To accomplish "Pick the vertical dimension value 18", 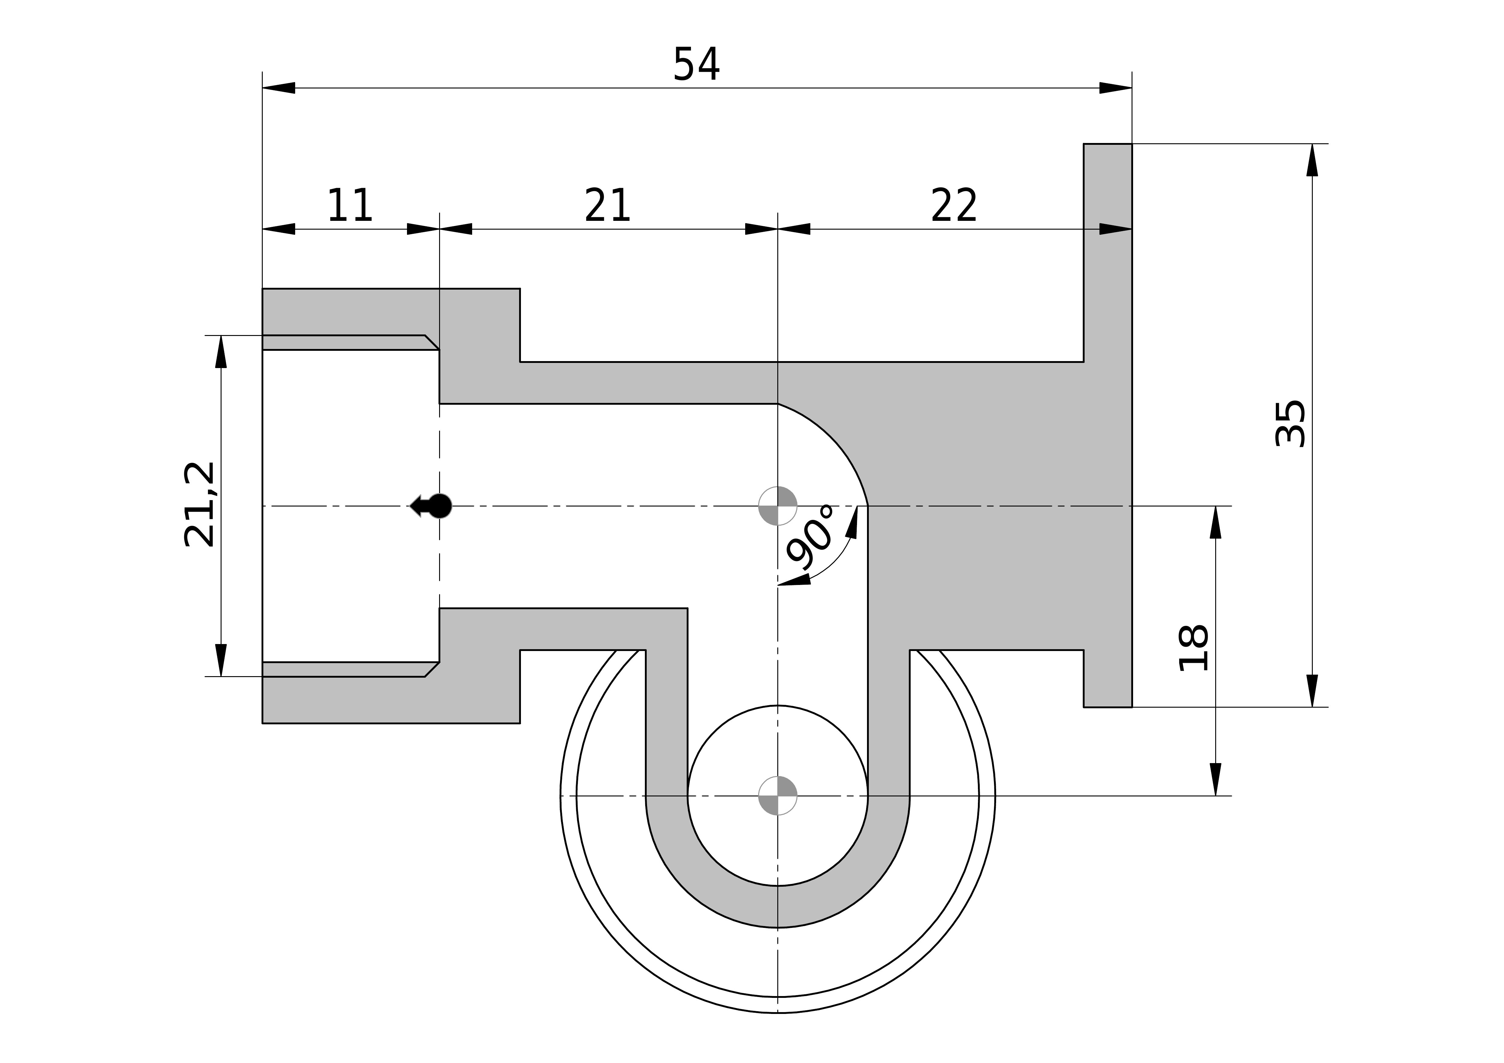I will click(1193, 648).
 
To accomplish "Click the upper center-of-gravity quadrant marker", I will click(778, 506).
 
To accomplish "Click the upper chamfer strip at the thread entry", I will click(347, 343).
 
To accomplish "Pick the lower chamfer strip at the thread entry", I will click(347, 669).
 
